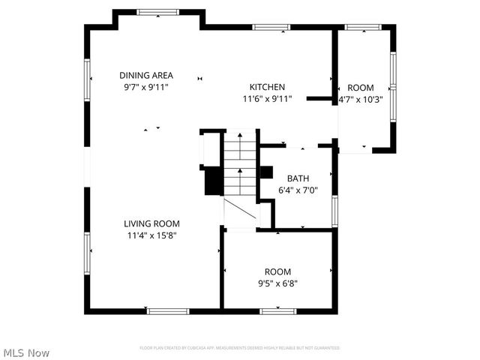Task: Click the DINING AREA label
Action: click(146, 75)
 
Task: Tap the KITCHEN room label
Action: click(267, 87)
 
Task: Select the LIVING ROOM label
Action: click(151, 223)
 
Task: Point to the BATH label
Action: click(298, 178)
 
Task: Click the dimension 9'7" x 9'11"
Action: click(146, 87)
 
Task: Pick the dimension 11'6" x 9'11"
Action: click(267, 99)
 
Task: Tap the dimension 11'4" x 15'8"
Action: click(151, 235)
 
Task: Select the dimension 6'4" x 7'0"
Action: click(298, 190)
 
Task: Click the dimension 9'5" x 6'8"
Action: click(277, 283)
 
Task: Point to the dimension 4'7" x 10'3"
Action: click(361, 99)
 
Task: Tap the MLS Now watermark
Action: click(26, 352)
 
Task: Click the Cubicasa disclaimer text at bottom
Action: click(240, 348)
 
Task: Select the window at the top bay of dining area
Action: click(158, 12)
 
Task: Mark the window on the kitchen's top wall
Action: click(271, 28)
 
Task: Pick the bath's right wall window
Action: click(334, 211)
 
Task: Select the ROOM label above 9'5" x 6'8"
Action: click(277, 271)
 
